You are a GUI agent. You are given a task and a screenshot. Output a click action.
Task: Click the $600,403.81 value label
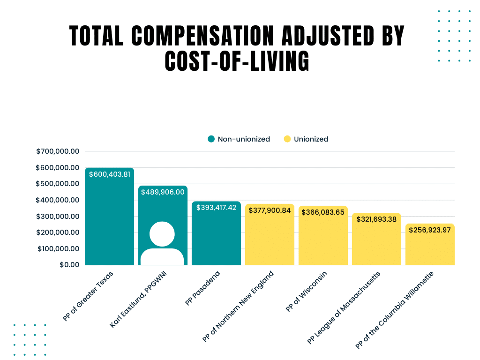110,174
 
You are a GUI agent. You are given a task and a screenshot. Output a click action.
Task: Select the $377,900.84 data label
270,210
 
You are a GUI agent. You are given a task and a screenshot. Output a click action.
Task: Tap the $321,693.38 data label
376,219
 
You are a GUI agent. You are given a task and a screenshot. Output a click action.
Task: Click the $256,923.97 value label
430,230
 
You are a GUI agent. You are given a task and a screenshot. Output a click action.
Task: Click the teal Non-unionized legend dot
211,139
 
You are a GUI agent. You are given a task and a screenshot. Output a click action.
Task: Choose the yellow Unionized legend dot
287,139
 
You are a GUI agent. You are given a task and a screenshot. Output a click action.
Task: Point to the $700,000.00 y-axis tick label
58,151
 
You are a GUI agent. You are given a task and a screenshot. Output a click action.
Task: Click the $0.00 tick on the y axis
69,265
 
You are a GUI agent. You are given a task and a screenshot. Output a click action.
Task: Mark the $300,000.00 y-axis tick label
58,216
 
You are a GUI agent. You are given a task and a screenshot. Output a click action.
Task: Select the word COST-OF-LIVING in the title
237,61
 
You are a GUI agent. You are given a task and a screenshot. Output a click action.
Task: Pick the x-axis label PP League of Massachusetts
344,307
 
